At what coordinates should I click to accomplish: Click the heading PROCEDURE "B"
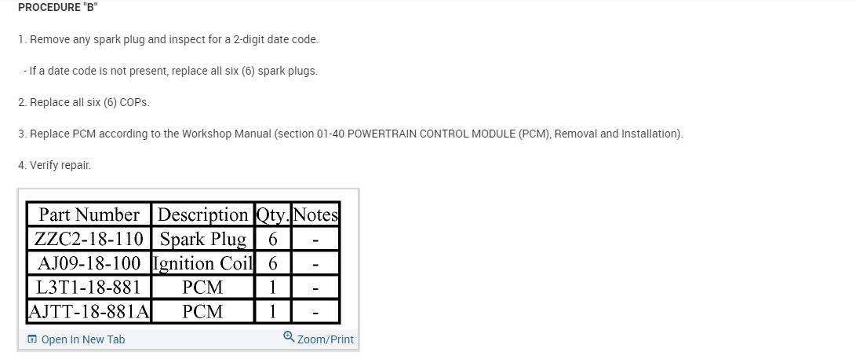tap(57, 7)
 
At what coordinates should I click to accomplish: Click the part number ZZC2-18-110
tap(89, 239)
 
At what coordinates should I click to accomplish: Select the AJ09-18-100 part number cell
tap(89, 263)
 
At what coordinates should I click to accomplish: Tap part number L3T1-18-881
tap(89, 288)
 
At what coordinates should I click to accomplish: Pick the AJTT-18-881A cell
tap(89, 312)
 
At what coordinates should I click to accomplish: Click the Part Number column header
tap(89, 214)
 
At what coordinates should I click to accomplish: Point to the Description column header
tap(202, 214)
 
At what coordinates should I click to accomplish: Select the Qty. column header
tap(273, 214)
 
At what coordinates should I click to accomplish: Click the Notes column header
tap(315, 214)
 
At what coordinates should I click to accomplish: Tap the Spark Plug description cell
tap(202, 239)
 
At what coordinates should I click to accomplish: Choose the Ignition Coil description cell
tap(202, 263)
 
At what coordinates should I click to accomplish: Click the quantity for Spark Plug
tap(273, 239)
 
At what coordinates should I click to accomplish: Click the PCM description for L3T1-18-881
tap(202, 288)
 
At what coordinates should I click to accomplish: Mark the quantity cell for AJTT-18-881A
tap(273, 312)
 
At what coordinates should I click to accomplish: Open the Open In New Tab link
tap(82, 339)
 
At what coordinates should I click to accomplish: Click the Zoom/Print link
tap(325, 339)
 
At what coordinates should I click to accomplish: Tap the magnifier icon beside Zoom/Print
tap(289, 338)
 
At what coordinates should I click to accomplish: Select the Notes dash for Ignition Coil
tap(315, 263)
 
